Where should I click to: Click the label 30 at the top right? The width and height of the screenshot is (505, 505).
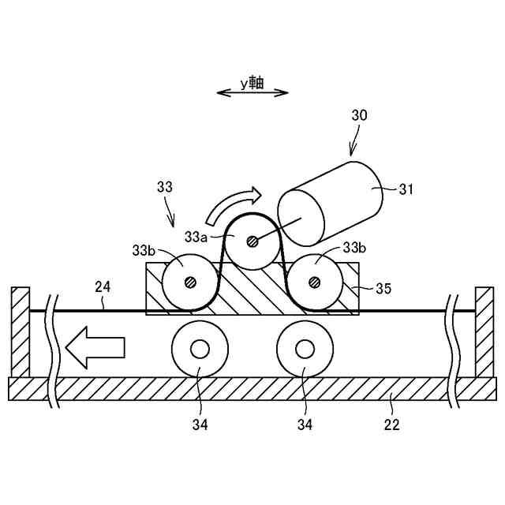(359, 115)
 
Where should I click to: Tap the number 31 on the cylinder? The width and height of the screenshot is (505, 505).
(406, 189)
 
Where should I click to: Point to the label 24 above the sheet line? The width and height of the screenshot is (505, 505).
(103, 285)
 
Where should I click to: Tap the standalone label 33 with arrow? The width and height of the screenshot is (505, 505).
(164, 187)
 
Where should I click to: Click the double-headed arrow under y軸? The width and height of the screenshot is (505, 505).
(252, 94)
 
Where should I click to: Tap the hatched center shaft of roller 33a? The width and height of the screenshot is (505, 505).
(252, 242)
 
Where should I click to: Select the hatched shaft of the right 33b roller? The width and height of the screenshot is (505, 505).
(315, 281)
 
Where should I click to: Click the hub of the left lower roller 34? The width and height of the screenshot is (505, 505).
(199, 349)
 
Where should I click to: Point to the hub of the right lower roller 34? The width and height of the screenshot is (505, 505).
(305, 349)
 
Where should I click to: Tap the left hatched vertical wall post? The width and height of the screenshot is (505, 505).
(21, 331)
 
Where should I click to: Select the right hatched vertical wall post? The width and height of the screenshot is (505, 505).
(483, 331)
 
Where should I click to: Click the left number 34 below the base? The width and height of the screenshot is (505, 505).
(200, 425)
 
